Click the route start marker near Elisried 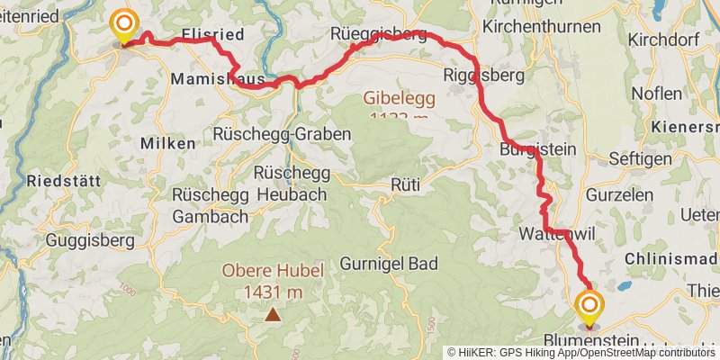click(122, 25)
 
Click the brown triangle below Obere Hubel click(272, 314)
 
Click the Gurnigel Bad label click(390, 264)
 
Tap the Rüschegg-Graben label click(282, 133)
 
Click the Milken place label click(167, 143)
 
